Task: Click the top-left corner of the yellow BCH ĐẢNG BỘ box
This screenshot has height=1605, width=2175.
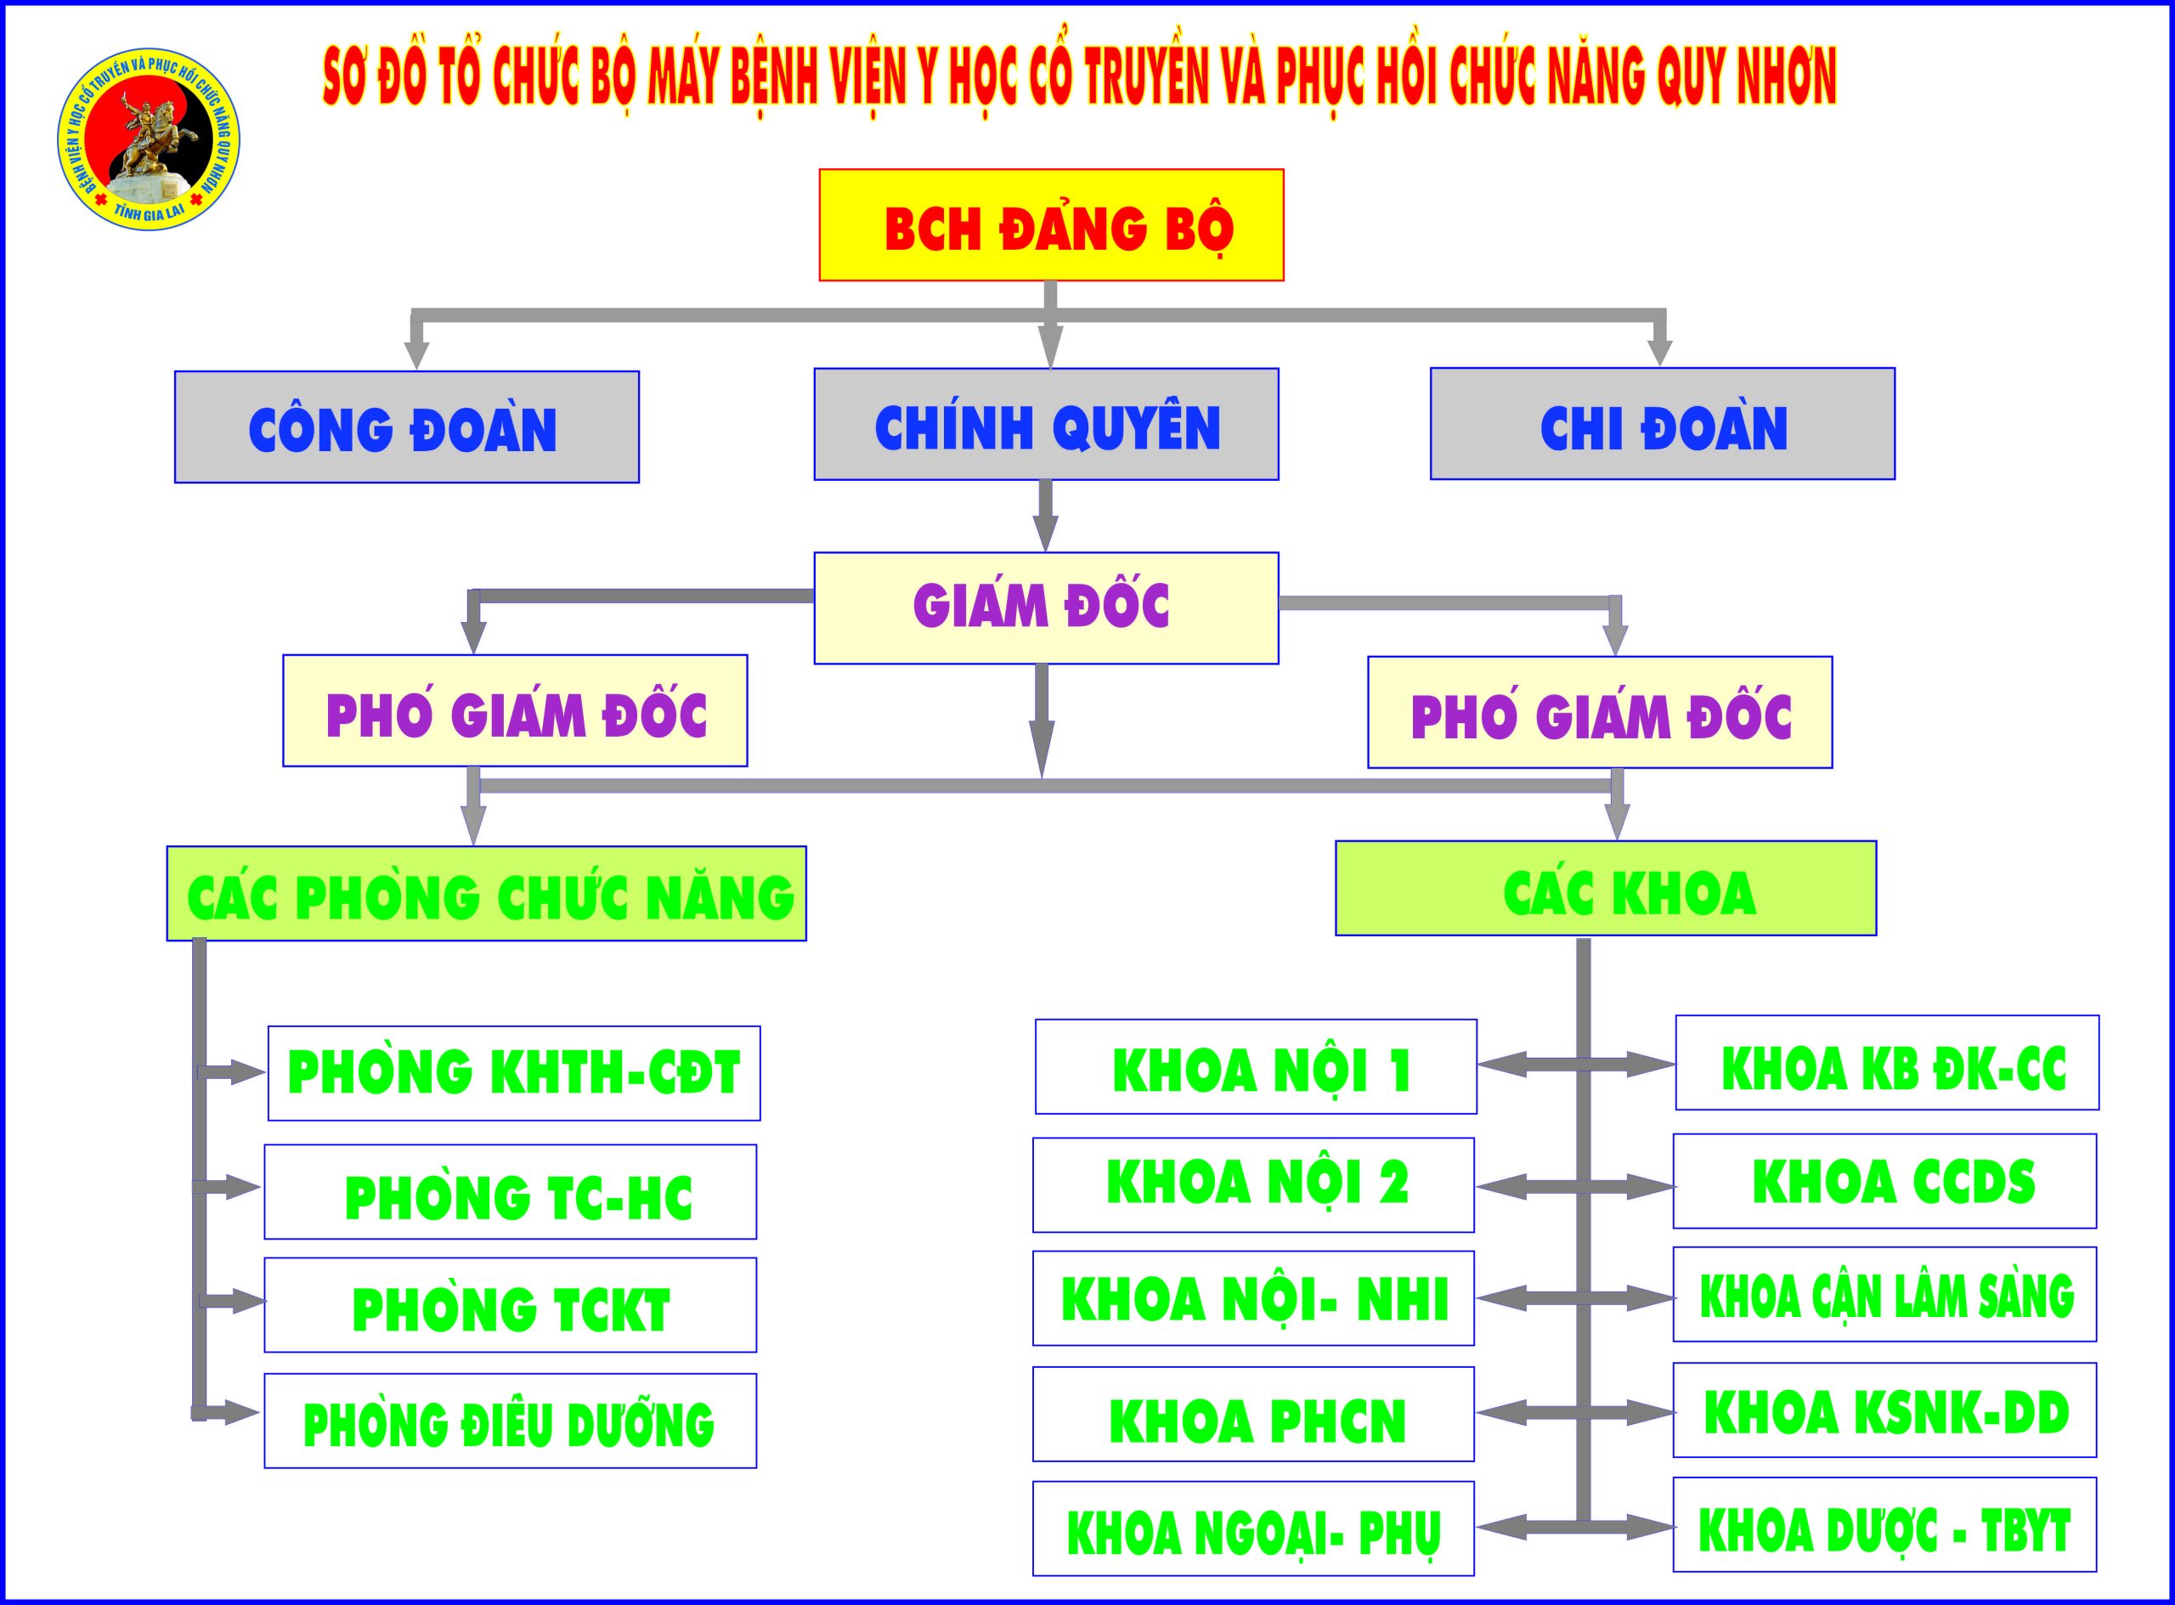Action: click(820, 170)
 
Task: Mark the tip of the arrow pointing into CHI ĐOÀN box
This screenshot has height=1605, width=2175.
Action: click(1660, 366)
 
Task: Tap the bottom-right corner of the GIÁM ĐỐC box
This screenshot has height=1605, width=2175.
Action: click(1279, 664)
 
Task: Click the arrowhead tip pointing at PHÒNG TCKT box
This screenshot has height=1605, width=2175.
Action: click(265, 1302)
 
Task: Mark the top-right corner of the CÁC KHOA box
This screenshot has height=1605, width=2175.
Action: click(1876, 841)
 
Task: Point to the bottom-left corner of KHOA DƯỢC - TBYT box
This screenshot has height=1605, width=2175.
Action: click(1674, 1571)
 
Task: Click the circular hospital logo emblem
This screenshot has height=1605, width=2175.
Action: click(148, 140)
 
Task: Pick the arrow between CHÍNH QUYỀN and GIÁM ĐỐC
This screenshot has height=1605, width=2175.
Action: click(1045, 516)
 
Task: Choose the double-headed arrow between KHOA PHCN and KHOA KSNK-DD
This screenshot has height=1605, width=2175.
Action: click(1574, 1414)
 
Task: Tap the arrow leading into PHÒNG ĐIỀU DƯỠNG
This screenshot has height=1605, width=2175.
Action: click(225, 1413)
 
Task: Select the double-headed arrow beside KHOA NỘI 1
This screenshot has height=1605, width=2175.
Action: click(1577, 1065)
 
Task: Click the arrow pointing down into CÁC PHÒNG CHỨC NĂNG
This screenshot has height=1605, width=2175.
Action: click(473, 805)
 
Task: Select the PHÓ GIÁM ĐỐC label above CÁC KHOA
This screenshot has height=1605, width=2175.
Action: click(1601, 716)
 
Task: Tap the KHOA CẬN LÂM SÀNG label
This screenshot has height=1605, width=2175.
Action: click(1886, 1296)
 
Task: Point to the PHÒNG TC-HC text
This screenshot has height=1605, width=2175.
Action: click(519, 1197)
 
